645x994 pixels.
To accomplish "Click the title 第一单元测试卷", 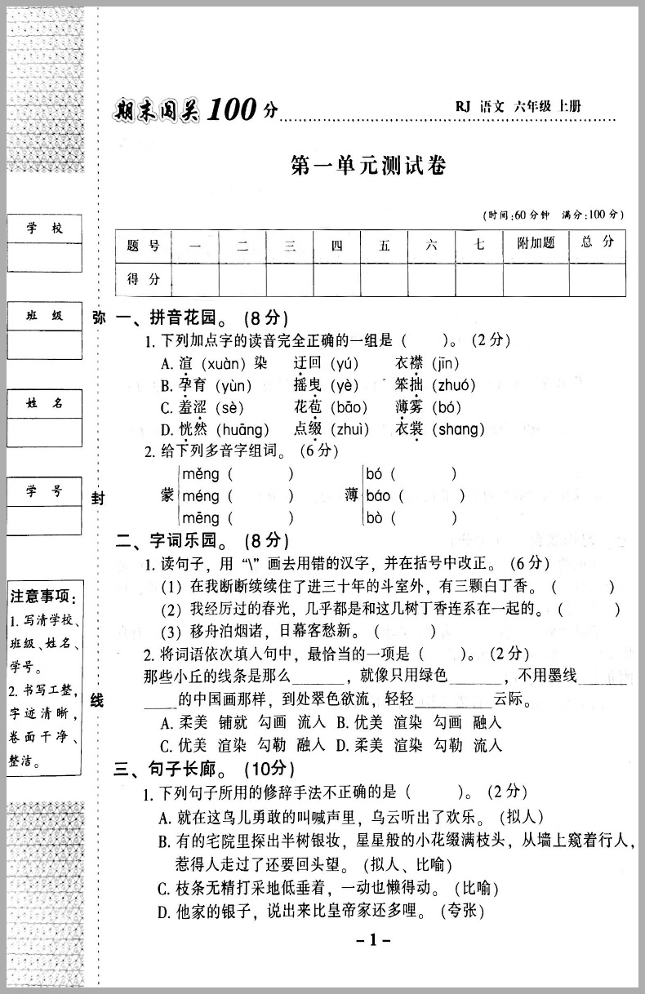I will click(x=368, y=166).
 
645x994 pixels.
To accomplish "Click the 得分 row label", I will click(x=144, y=280).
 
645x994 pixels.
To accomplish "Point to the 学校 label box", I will click(x=45, y=229).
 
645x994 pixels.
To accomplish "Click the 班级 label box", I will click(x=45, y=316).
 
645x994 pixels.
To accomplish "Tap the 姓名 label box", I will click(x=45, y=403).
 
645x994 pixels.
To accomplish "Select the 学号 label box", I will click(x=45, y=491).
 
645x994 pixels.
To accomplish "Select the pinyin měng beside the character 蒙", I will click(x=200, y=474).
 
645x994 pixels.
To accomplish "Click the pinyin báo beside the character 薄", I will click(x=379, y=496).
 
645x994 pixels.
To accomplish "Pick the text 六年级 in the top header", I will click(x=532, y=107).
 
